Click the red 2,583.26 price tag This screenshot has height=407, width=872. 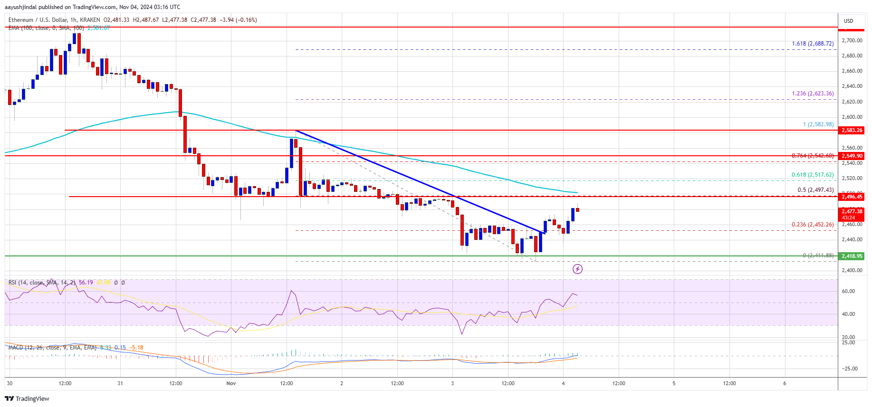(x=852, y=130)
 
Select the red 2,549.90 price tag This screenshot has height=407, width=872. (x=852, y=156)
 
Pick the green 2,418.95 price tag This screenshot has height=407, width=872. (x=852, y=256)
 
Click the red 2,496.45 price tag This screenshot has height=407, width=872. (x=852, y=197)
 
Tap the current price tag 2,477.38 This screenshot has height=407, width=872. (x=852, y=212)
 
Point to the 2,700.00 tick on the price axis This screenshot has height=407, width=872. (x=852, y=40)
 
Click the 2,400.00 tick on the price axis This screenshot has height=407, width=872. (x=852, y=270)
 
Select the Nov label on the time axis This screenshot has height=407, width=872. (x=231, y=383)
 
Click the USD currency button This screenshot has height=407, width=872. (x=849, y=21)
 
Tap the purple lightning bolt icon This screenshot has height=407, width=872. (x=577, y=269)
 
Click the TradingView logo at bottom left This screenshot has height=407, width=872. (x=28, y=398)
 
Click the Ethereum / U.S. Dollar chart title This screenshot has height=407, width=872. (x=54, y=20)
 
